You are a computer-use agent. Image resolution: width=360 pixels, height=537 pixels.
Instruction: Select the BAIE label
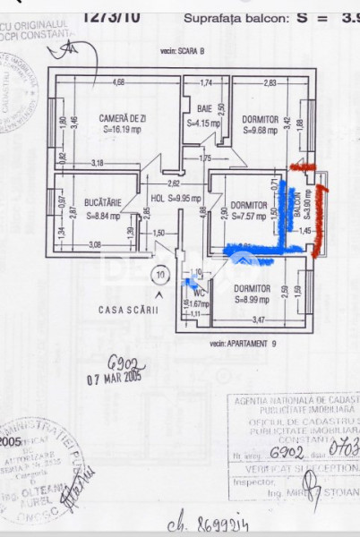(x=204, y=109)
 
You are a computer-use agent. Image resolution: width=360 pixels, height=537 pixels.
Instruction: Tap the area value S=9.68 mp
(x=261, y=129)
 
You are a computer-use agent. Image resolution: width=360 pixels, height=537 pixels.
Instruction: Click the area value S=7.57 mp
(x=250, y=216)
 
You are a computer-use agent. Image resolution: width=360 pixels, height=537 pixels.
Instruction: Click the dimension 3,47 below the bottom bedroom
(x=260, y=320)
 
